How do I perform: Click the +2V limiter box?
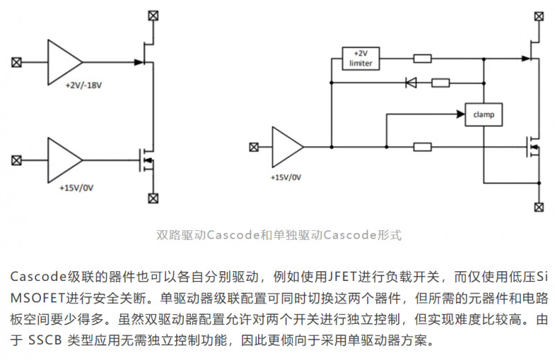click(x=361, y=58)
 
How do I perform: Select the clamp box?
click(x=484, y=114)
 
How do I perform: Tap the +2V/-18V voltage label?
click(x=83, y=85)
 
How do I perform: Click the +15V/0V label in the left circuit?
click(x=76, y=187)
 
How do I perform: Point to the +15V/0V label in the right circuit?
click(x=286, y=178)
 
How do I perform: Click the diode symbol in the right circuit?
click(x=411, y=83)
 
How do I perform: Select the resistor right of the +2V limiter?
click(x=422, y=58)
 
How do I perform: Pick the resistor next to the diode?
click(x=441, y=83)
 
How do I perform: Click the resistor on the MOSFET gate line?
click(x=422, y=146)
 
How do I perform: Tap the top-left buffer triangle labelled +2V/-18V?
click(x=64, y=62)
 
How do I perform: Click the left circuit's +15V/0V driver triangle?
click(x=64, y=160)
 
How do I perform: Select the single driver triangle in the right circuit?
click(x=287, y=147)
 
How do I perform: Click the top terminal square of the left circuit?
click(x=153, y=15)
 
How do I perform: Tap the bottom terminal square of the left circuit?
click(x=153, y=198)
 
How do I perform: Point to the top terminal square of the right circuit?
click(x=539, y=16)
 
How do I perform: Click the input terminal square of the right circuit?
click(x=254, y=147)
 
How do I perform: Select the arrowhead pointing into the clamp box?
click(x=461, y=114)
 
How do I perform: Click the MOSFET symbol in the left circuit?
click(x=146, y=160)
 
